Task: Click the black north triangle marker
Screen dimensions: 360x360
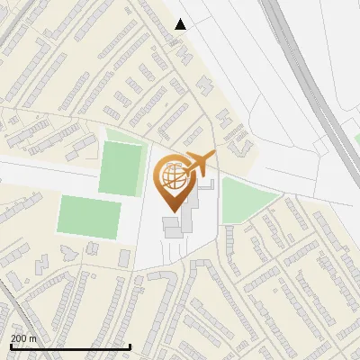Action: tap(181, 24)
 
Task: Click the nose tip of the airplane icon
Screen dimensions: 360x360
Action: tap(215, 155)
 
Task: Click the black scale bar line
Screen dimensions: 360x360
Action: tap(70, 346)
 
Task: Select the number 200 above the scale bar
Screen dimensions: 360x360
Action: tap(19, 338)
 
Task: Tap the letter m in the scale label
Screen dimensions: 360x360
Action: tap(33, 338)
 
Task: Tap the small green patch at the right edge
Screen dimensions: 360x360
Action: tap(356, 139)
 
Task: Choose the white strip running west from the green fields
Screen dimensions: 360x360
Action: tap(27, 172)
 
